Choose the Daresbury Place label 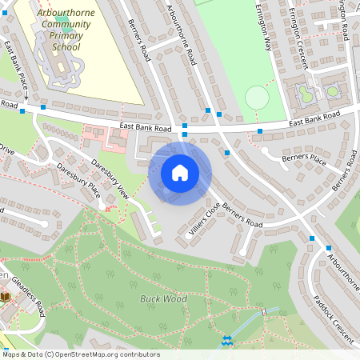[x=78, y=181]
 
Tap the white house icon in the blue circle [x=180, y=173]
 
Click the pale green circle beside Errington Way [x=257, y=98]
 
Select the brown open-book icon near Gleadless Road [x=6, y=297]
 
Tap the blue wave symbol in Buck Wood [x=226, y=340]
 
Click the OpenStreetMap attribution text [x=80, y=354]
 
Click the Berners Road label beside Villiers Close [x=242, y=214]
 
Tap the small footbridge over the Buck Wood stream [x=263, y=310]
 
